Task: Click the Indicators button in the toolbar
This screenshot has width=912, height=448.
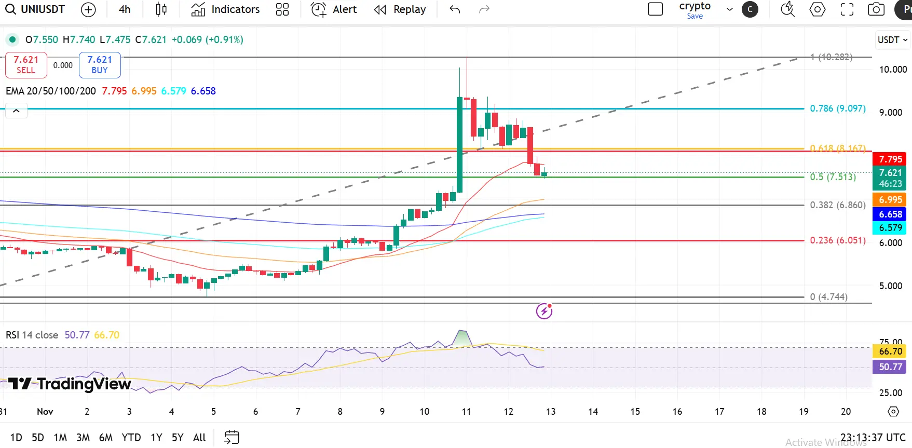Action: click(x=225, y=9)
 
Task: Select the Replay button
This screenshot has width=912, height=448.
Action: click(x=400, y=9)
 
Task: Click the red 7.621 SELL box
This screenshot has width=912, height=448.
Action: click(x=26, y=65)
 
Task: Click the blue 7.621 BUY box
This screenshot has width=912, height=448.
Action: click(x=100, y=65)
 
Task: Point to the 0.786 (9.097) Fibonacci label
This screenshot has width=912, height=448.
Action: click(x=837, y=108)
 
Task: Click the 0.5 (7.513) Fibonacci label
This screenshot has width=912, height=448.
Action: click(x=833, y=177)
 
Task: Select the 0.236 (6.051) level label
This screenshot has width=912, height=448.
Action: click(x=837, y=240)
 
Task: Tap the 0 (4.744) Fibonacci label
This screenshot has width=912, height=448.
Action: click(x=828, y=297)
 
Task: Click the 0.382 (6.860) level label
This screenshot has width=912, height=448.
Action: click(x=837, y=205)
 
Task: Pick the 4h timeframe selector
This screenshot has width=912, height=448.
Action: click(x=125, y=9)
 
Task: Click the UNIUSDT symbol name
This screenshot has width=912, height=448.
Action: click(x=43, y=9)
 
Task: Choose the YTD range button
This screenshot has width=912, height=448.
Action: click(x=131, y=438)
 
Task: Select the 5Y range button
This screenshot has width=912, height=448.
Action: click(x=178, y=438)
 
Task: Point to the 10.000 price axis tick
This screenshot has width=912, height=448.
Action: click(x=893, y=70)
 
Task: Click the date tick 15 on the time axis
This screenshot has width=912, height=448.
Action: click(x=635, y=412)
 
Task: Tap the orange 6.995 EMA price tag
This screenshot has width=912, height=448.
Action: click(x=890, y=200)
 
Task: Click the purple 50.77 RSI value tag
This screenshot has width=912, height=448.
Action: click(x=890, y=367)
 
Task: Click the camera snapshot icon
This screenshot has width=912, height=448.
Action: click(x=876, y=9)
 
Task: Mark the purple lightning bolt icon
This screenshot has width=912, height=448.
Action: click(x=544, y=311)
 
